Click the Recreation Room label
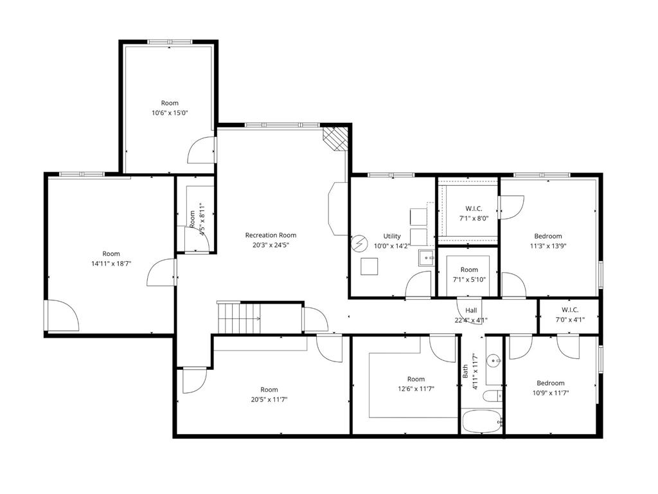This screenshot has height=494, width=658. point(271,235)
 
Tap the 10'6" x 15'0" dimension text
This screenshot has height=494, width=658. point(170,113)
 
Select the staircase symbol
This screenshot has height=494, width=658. point(239,318)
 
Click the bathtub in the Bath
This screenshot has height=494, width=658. point(482,421)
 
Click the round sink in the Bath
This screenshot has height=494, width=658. point(493,360)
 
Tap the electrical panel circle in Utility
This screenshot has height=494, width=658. point(359,243)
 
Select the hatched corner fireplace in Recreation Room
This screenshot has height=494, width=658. point(335,139)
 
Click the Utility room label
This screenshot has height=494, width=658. point(392,236)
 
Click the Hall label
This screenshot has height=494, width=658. point(471,311)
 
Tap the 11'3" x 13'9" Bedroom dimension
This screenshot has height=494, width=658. point(548,246)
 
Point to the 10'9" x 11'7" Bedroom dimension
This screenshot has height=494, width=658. point(551,393)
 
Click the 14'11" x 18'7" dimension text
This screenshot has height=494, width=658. point(111,264)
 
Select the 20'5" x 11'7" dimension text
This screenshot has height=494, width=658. point(269,399)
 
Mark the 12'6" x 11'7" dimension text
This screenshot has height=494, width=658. point(416,389)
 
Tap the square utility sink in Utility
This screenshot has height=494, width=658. point(427,257)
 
